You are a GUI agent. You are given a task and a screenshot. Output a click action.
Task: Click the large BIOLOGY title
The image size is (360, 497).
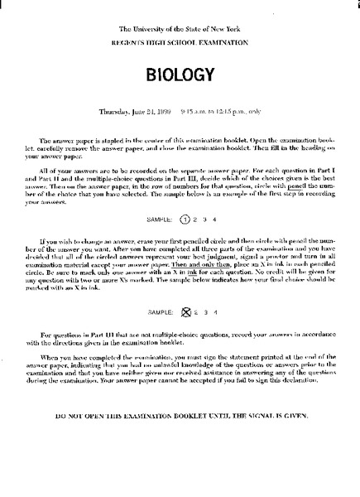[180, 75]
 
